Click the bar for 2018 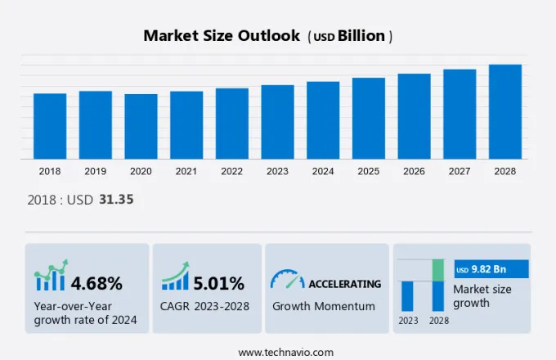50,126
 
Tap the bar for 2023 277,122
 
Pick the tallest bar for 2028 504,111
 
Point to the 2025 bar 369,118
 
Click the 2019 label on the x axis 95,171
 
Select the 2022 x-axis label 231,171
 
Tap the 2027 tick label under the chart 460,171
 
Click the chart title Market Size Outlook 221,36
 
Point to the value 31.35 116,200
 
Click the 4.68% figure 96,284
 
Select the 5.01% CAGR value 219,284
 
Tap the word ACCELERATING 344,284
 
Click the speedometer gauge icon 287,279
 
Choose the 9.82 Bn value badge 491,269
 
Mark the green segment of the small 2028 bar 438,269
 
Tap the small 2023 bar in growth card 407,295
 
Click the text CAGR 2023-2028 205,306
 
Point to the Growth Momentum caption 323,306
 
